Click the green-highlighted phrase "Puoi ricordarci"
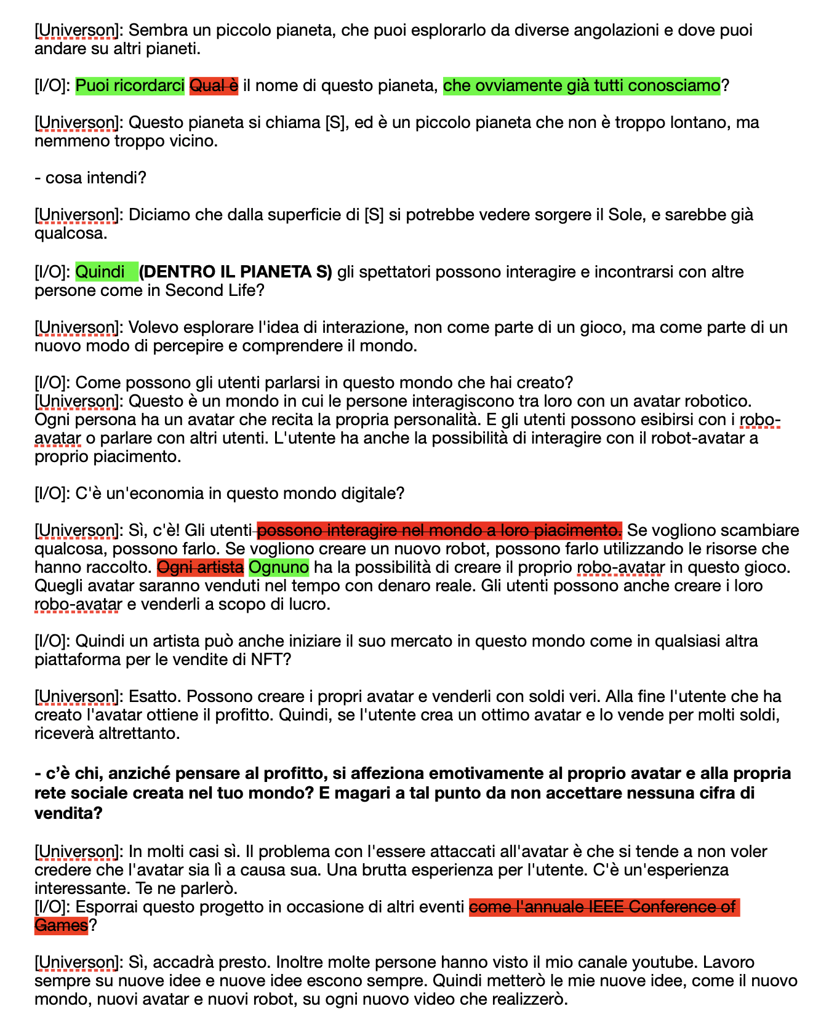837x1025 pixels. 130,86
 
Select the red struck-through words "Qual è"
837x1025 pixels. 214,86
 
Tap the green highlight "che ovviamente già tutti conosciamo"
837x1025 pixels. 581,86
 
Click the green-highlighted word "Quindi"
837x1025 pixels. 100,271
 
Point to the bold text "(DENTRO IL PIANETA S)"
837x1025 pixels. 236,271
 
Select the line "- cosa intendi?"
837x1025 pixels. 90,178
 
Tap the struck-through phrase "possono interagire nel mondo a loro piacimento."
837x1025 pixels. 439,530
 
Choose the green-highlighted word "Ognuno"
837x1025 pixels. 279,567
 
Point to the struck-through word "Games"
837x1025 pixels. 61,925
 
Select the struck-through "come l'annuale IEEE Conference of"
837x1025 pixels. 603,907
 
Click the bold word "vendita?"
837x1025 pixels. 68,813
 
